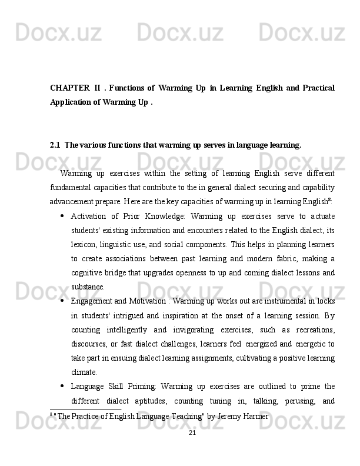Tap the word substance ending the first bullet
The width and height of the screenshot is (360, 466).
[88, 287]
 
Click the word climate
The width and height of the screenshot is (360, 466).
[84, 372]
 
